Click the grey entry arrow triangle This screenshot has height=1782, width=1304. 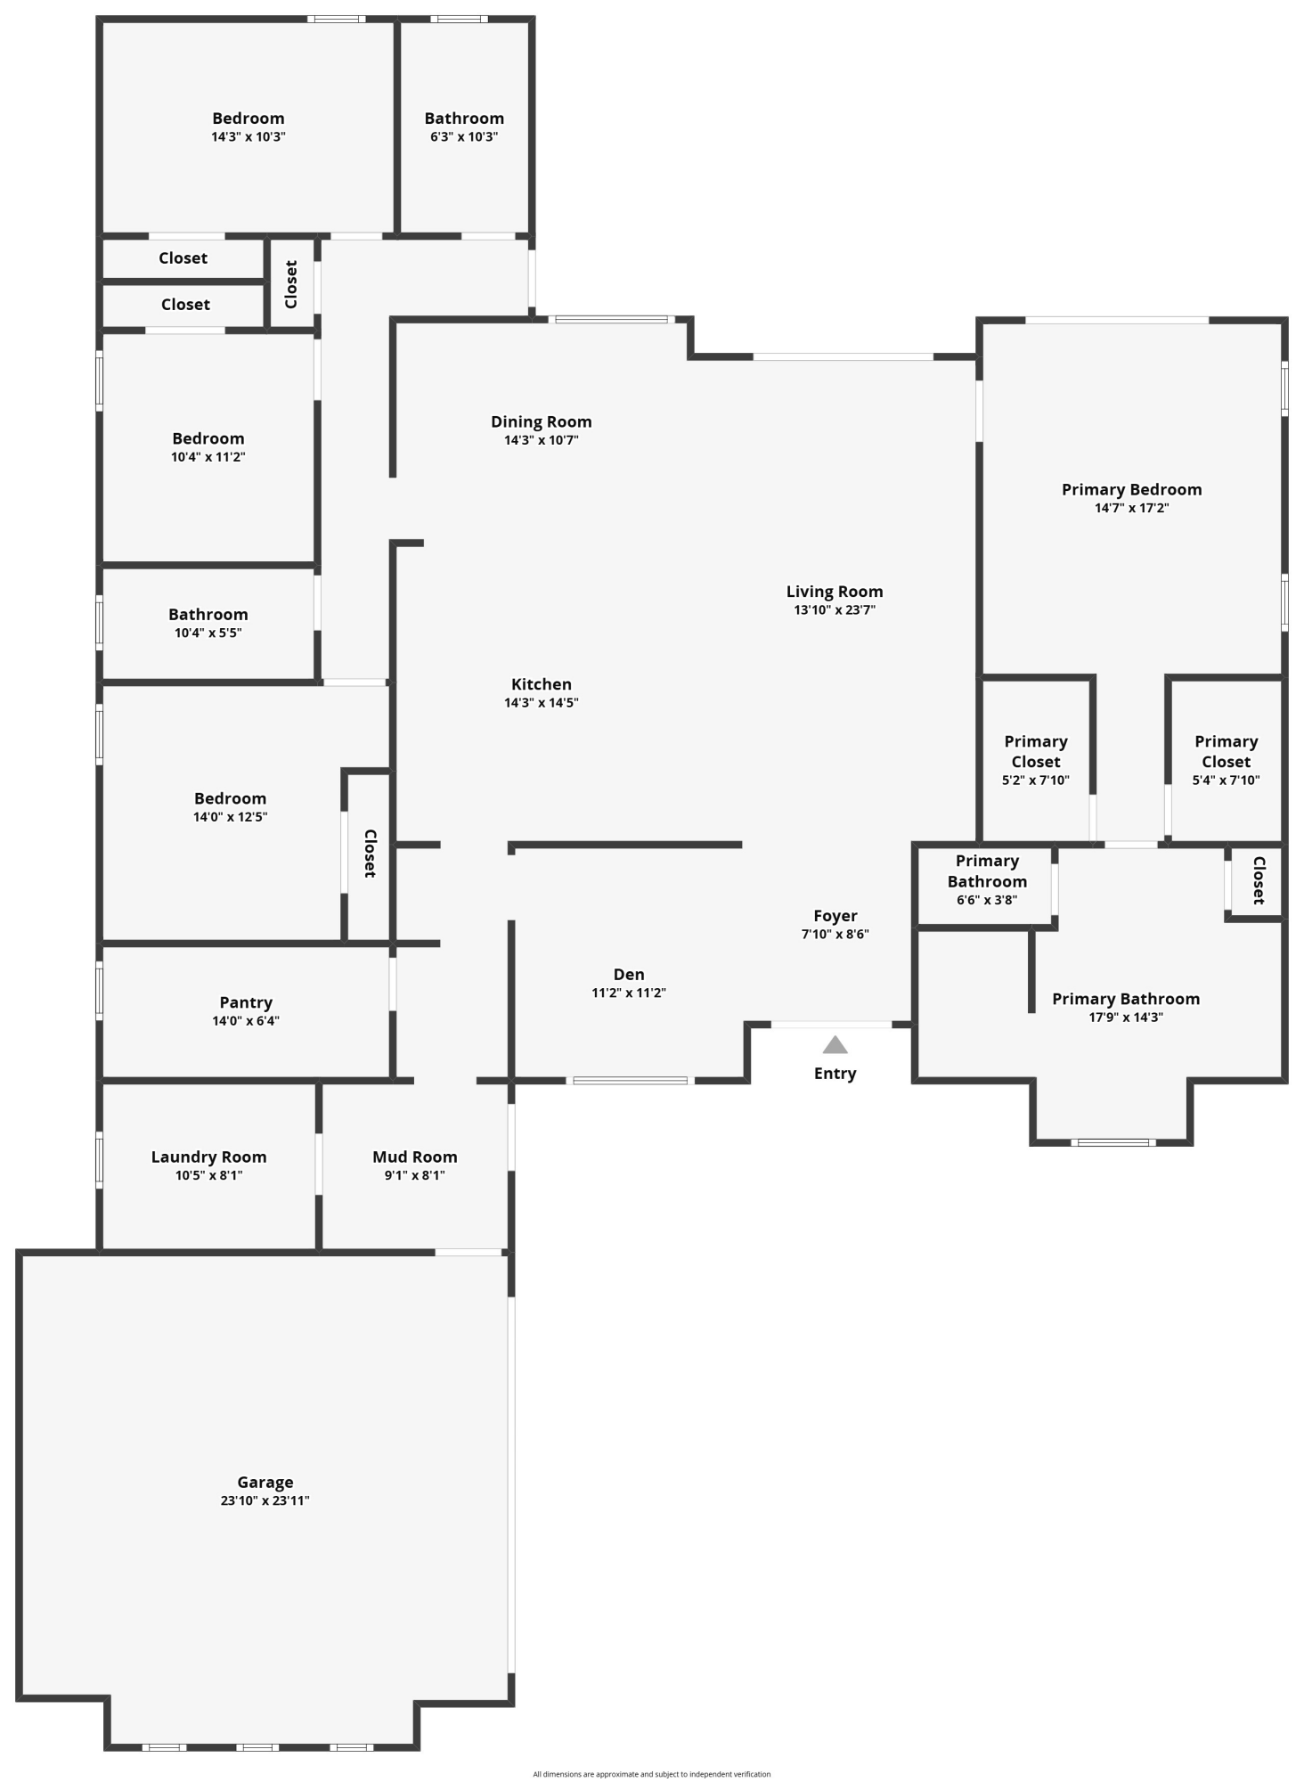click(835, 1045)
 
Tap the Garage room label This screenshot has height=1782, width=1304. click(265, 1483)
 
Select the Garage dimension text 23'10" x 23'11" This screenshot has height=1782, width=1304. click(265, 1500)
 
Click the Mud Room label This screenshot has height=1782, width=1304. click(414, 1157)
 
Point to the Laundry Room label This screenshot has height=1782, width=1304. click(208, 1157)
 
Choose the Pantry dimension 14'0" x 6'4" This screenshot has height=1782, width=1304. click(246, 1021)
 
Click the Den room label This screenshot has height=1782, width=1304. click(628, 974)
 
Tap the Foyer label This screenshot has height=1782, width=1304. click(835, 915)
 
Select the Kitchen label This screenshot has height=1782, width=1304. click(541, 683)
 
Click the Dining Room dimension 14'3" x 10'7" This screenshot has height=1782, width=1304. click(541, 440)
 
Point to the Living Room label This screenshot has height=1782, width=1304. click(834, 591)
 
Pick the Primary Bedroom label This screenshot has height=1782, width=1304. click(1131, 489)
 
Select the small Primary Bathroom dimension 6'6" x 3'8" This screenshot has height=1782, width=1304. click(986, 900)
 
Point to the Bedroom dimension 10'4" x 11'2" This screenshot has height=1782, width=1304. click(208, 457)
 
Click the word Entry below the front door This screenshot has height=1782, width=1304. click(835, 1073)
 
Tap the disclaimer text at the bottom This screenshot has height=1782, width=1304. click(651, 1774)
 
